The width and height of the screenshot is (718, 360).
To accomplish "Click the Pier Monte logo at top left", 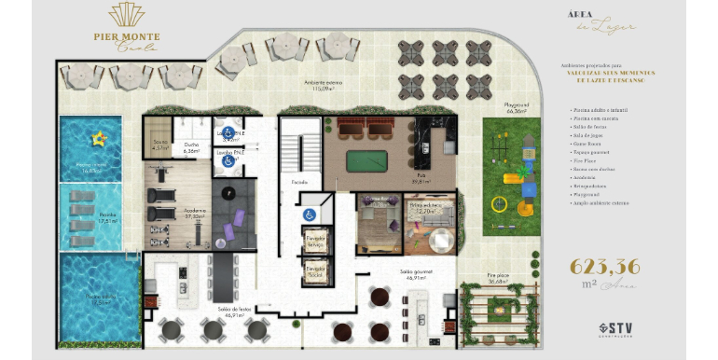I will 126,25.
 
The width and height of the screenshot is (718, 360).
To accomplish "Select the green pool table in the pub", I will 366,161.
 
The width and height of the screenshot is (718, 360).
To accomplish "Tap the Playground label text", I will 518,106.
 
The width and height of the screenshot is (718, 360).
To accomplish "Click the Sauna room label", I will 159,145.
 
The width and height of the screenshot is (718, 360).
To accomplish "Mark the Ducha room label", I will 191,146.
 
